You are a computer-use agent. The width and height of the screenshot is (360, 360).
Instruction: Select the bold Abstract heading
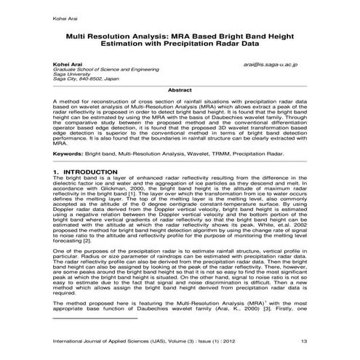180,89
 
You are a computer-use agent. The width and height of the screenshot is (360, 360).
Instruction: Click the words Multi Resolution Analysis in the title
120,33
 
